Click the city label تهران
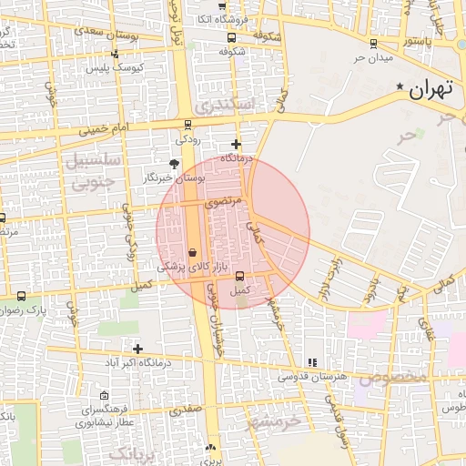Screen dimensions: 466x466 [430, 91]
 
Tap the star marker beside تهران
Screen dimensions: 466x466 [399, 86]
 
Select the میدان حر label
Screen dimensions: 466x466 [372, 58]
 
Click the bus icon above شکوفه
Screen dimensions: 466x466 [231, 38]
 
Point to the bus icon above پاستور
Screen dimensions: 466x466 [373, 42]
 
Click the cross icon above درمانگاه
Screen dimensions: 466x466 [237, 144]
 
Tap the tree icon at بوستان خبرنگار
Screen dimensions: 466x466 [174, 164]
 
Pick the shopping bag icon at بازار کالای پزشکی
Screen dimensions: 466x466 [192, 253]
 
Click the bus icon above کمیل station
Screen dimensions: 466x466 [240, 277]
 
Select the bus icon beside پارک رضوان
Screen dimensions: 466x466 [22, 296]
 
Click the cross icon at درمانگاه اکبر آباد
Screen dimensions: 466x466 [137, 349]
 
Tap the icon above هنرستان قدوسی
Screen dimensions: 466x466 [312, 362]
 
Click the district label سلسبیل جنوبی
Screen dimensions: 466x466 [90, 170]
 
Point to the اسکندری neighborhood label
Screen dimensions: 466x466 [222, 106]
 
